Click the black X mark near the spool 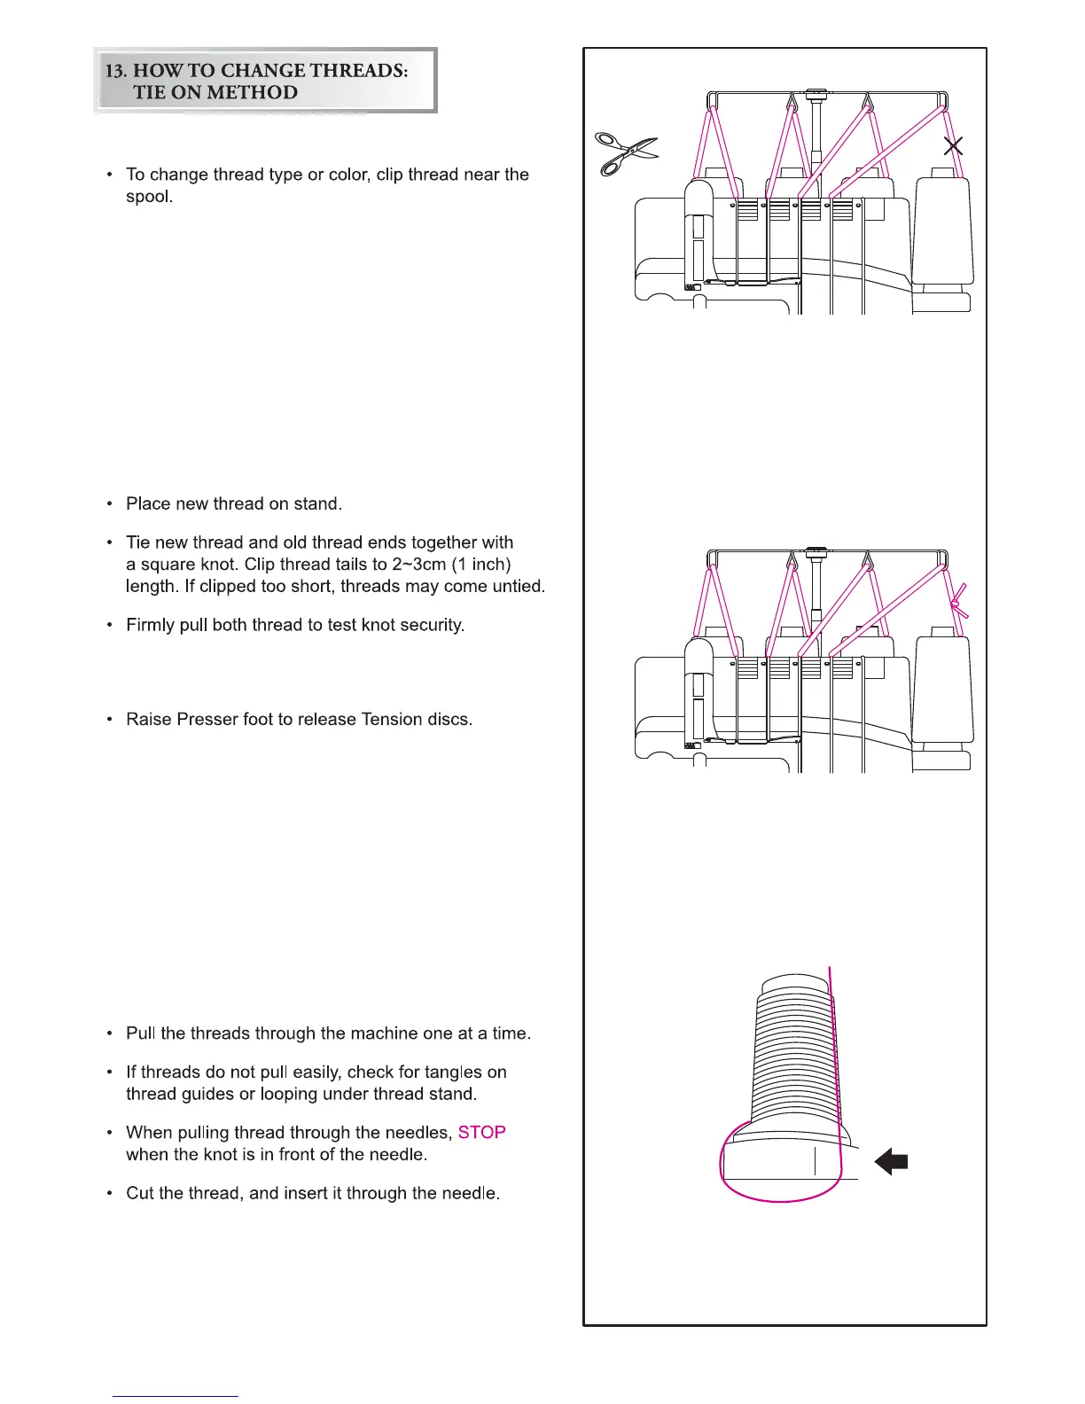pos(954,146)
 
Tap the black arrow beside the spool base pos(891,1161)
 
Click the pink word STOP pos(481,1133)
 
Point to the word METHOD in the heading pos(254,92)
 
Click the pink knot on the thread pos(956,605)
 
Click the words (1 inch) pos(481,565)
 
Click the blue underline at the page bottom pos(176,1396)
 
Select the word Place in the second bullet pos(147,503)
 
